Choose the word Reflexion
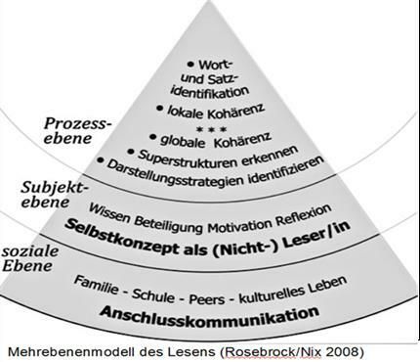point(308,208)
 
